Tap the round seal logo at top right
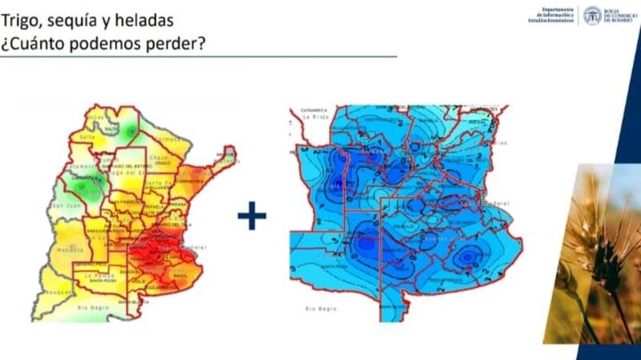coord(592,15)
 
